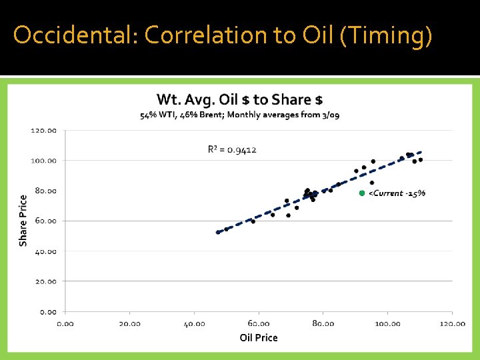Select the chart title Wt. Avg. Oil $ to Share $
[239, 100]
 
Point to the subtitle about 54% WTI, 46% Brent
[239, 115]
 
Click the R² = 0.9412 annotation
[232, 149]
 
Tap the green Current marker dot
[362, 193]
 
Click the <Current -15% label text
[397, 193]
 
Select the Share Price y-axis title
[23, 220]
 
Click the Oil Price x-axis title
[259, 337]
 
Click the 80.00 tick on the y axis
[46, 191]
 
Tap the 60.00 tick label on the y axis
[46, 221]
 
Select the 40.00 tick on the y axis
[46, 251]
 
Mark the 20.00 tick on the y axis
[46, 281]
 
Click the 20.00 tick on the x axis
[129, 323]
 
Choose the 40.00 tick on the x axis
[194, 323]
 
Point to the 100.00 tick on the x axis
[387, 323]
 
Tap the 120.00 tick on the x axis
[452, 323]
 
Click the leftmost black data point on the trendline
[218, 232]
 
